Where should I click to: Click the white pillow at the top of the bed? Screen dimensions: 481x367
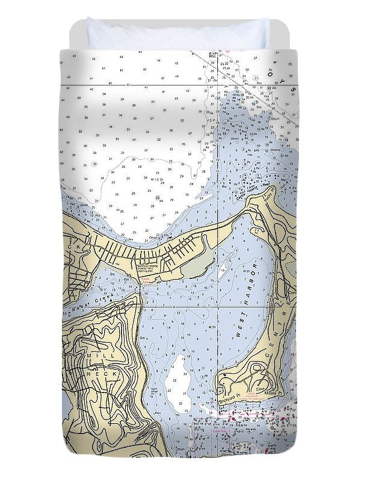pyautogui.click(x=177, y=35)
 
